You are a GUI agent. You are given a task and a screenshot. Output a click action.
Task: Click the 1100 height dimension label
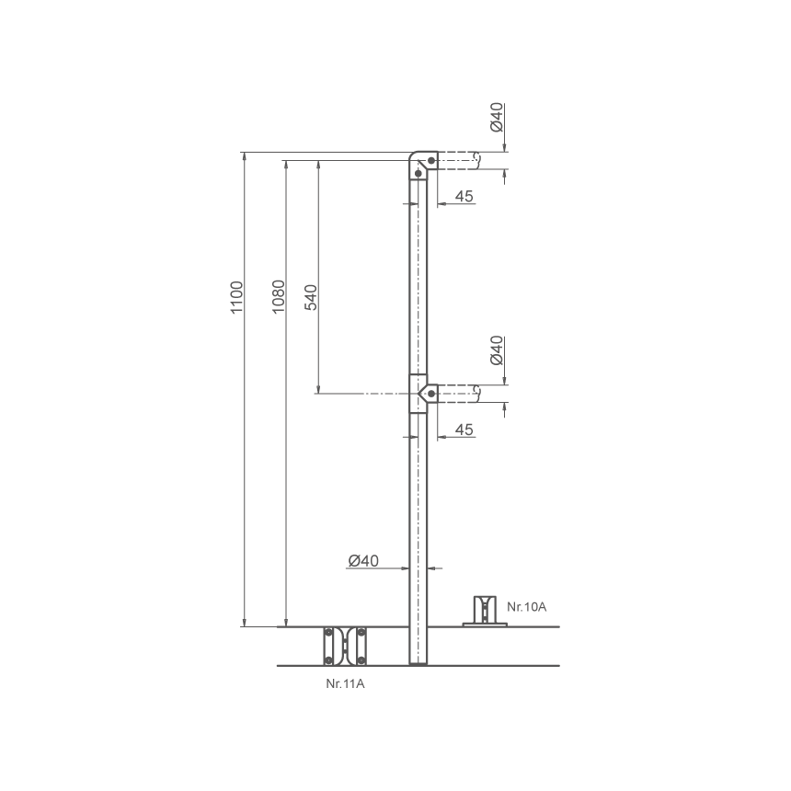tap(236, 298)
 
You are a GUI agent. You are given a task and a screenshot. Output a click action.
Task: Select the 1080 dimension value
tap(279, 296)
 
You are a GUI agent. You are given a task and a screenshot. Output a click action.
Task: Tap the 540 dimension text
tap(311, 298)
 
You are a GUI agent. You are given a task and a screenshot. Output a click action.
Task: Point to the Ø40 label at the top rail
tap(497, 117)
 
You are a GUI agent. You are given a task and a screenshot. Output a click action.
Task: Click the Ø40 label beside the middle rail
tap(497, 350)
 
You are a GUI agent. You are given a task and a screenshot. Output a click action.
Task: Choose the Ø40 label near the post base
tap(363, 560)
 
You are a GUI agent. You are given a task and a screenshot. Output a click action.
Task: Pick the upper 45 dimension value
tap(464, 196)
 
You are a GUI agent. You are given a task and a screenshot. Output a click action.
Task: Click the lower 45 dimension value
tap(464, 430)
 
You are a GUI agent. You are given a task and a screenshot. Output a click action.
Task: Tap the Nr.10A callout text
tap(527, 606)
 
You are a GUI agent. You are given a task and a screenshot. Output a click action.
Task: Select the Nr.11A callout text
tap(345, 684)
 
